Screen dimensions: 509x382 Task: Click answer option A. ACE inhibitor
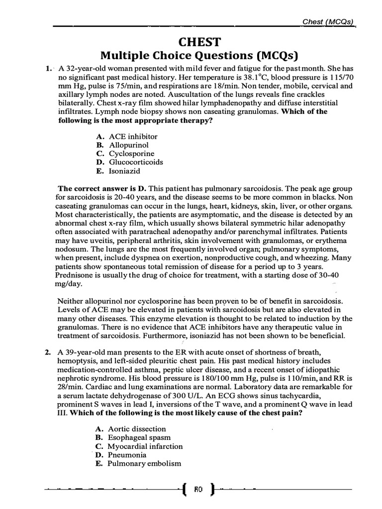tap(127, 136)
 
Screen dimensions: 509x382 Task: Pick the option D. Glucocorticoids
tap(129, 162)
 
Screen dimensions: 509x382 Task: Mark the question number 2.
tap(47, 352)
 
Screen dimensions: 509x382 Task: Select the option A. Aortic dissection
tap(131, 429)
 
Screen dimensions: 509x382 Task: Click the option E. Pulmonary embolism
tap(138, 464)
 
